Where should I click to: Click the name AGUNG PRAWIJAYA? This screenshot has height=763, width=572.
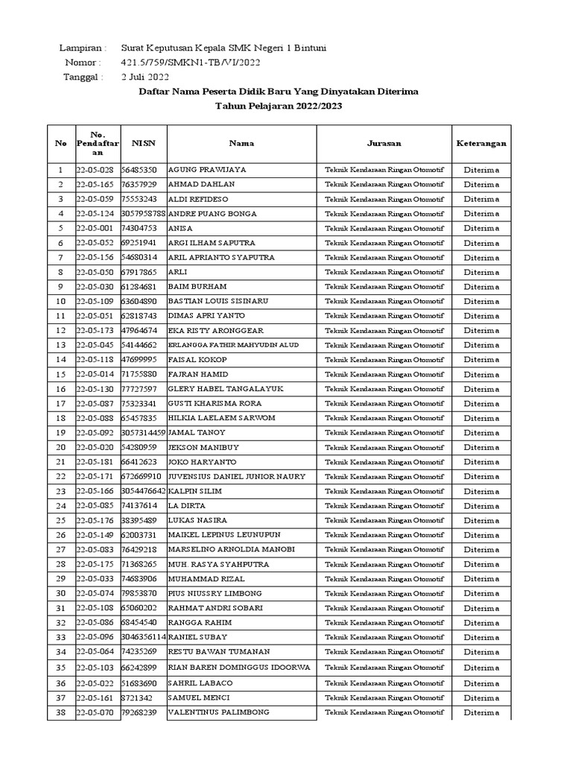[x=208, y=170]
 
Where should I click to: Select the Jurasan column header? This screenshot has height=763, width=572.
[x=384, y=143]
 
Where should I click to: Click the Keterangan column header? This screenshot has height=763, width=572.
[x=481, y=143]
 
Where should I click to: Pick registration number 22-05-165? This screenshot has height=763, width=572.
[x=95, y=184]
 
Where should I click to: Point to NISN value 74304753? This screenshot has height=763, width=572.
[x=139, y=228]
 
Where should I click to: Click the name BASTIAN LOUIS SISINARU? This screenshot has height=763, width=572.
[x=219, y=301]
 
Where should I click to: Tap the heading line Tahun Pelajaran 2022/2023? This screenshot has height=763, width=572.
[x=279, y=106]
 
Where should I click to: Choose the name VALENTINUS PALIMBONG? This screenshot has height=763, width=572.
[x=217, y=712]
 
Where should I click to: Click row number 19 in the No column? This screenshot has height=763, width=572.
[x=60, y=433]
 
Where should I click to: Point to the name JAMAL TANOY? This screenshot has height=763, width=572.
[x=197, y=433]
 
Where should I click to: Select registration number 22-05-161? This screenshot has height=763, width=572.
[x=95, y=698]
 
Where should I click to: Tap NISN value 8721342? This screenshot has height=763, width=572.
[x=137, y=698]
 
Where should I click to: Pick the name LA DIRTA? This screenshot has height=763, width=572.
[x=187, y=506]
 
